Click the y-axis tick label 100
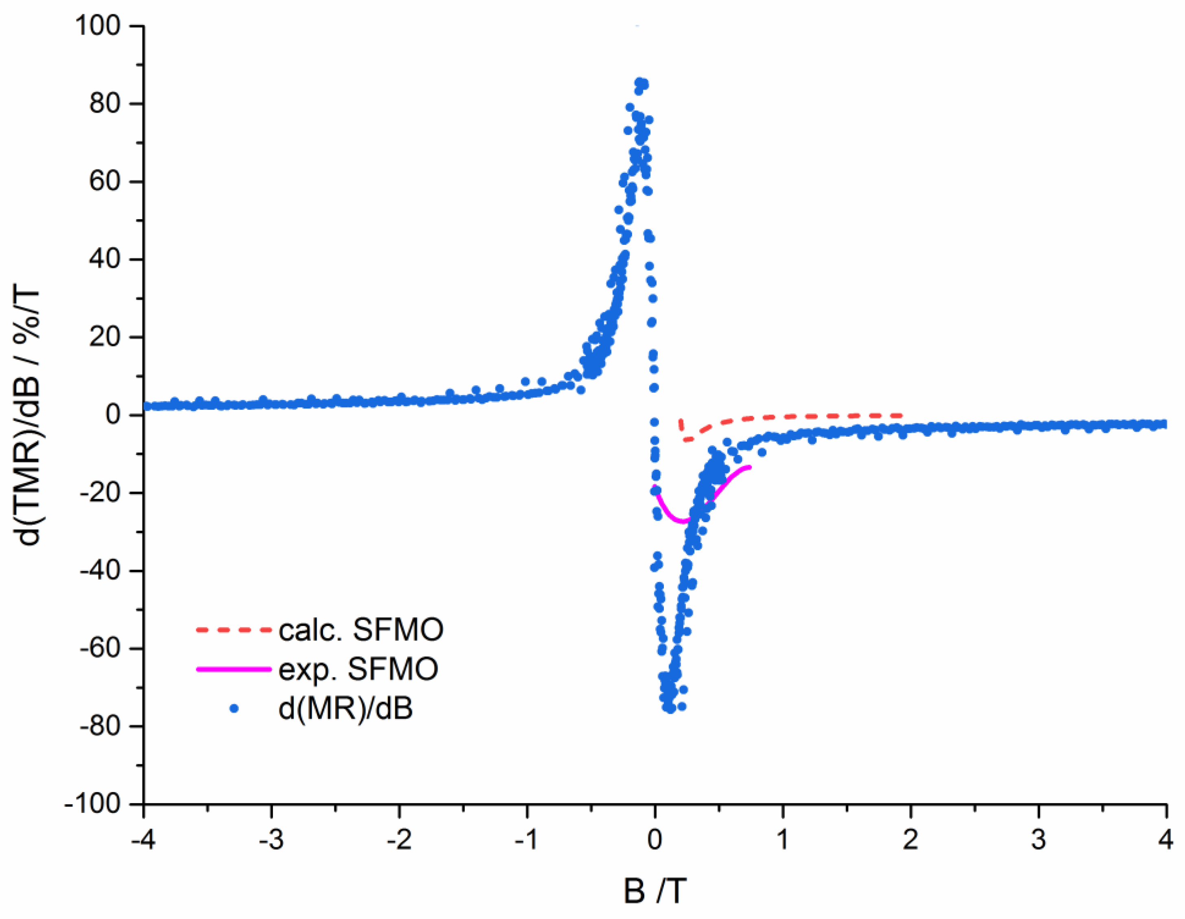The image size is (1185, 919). coord(97,26)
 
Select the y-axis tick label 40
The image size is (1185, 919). coord(105,259)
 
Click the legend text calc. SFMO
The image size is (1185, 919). coord(361,630)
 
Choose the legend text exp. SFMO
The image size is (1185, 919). coord(358,669)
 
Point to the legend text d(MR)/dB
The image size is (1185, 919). coord(345,708)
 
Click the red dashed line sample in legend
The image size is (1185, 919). coord(234,630)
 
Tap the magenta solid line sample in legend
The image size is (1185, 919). coord(234,669)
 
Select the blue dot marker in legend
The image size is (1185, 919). coord(234,708)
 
